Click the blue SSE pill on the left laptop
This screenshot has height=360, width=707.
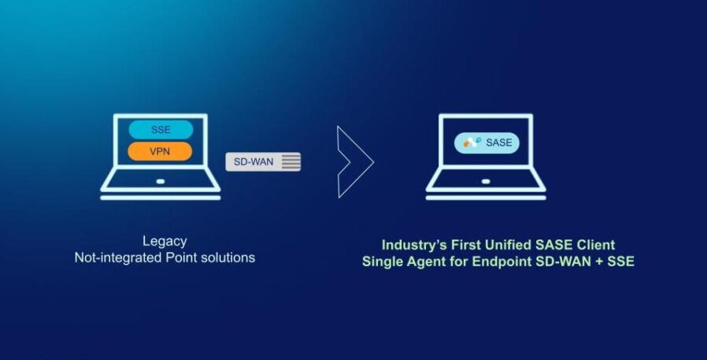coord(161,130)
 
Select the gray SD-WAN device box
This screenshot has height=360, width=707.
coord(263,161)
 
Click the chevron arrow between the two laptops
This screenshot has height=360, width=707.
coord(353,161)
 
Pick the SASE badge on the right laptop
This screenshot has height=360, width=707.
coord(487,143)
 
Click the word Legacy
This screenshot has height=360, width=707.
coord(165,241)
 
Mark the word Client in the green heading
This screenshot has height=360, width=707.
coord(597,245)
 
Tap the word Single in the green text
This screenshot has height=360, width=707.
coord(382,262)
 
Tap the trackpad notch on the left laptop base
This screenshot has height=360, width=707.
coord(161,181)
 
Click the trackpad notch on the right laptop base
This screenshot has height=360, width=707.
coord(487,181)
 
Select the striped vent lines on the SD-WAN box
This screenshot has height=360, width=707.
coord(291,161)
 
